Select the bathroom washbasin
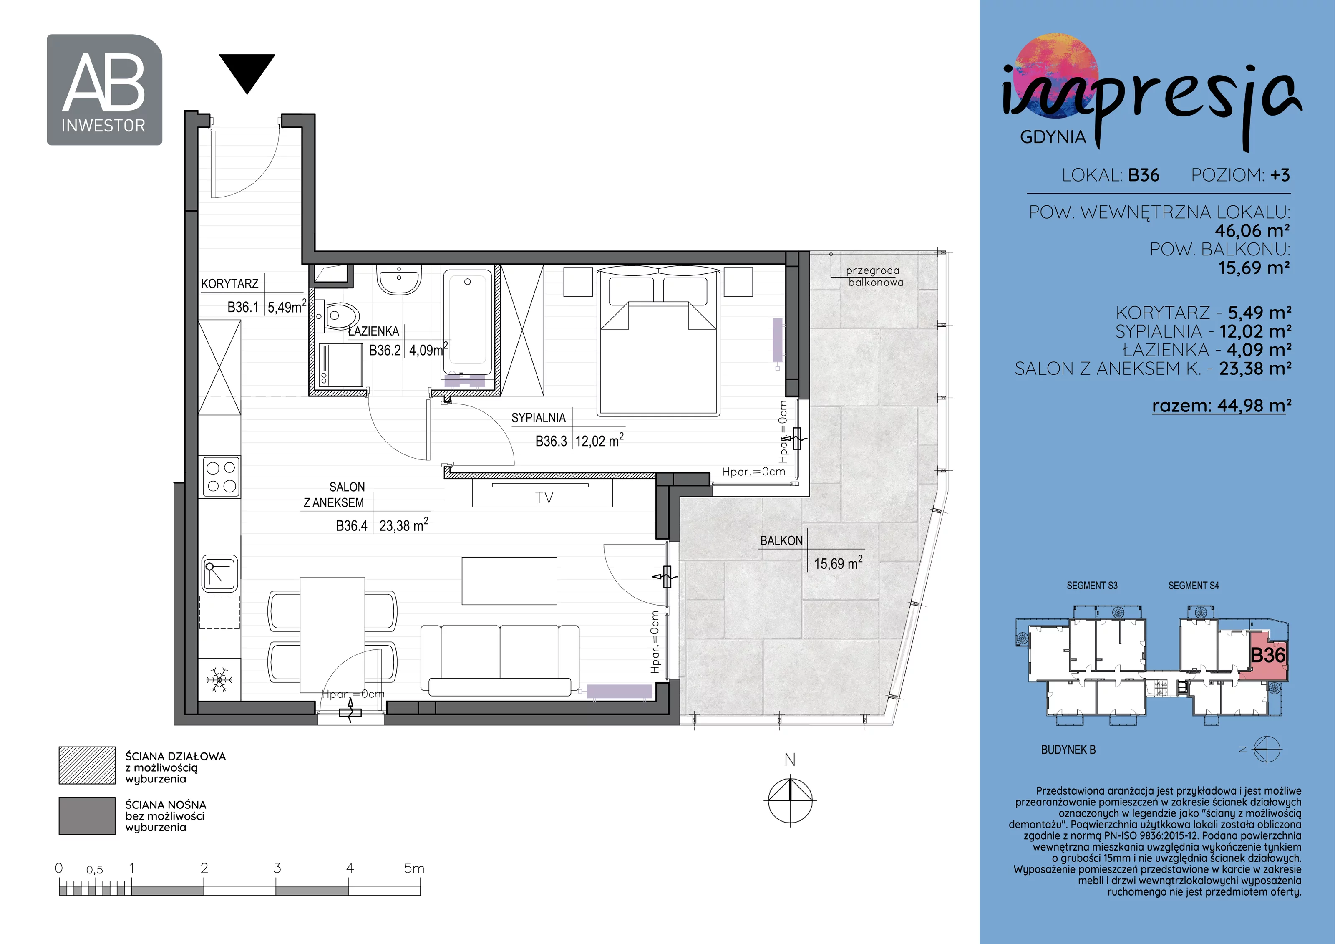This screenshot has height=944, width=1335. [399, 279]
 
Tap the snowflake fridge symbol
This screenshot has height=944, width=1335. [219, 679]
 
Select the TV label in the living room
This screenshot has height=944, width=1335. [544, 497]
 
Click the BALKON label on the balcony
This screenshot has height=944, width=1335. [781, 541]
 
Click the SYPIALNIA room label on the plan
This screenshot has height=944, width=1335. [539, 418]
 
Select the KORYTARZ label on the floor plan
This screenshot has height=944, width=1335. [230, 284]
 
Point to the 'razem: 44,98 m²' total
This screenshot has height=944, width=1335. [1222, 405]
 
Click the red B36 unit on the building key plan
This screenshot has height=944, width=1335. [1267, 656]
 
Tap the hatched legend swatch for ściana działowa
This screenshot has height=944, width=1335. [87, 765]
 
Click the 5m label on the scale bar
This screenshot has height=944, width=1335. [414, 868]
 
